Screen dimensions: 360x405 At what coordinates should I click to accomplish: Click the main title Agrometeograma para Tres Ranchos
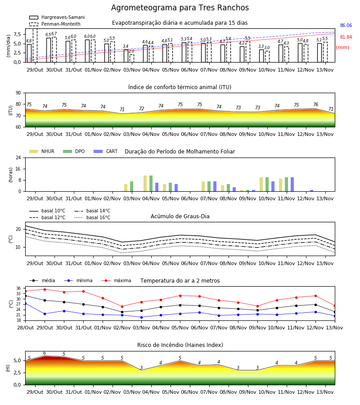click(x=180, y=8)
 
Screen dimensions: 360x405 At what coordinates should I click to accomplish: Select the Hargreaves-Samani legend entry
click(x=57, y=17)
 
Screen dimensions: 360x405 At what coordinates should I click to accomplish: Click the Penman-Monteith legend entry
click(x=55, y=24)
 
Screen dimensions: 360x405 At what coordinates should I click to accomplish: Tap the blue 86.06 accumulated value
click(x=346, y=25)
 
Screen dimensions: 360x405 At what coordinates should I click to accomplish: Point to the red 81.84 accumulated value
click(x=346, y=37)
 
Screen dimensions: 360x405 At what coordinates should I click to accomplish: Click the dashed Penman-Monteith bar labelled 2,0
click(x=132, y=58)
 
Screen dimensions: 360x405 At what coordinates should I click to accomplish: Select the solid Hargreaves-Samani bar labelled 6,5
click(x=49, y=50)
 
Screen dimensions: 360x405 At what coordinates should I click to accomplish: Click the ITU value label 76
click(x=315, y=104)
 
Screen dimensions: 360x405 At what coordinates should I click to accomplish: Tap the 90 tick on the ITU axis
click(x=18, y=93)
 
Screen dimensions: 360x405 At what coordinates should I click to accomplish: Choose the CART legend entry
click(x=106, y=151)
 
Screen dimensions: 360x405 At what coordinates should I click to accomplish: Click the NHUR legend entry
click(x=42, y=151)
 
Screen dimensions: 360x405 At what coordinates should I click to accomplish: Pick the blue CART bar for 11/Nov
click(x=292, y=184)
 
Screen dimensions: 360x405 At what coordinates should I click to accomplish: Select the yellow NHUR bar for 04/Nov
click(x=145, y=184)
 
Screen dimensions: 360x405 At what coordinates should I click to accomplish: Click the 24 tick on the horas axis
click(x=18, y=157)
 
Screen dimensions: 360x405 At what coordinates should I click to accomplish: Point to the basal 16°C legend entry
click(x=92, y=217)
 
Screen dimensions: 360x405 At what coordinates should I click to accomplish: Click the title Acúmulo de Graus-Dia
click(x=180, y=216)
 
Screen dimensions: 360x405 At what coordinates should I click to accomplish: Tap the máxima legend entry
click(x=116, y=280)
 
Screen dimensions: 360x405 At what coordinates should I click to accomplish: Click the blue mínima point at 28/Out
click(x=25, y=303)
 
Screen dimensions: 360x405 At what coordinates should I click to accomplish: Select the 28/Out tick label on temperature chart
click(x=25, y=328)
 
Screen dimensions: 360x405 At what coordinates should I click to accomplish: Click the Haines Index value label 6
click(x=45, y=353)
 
